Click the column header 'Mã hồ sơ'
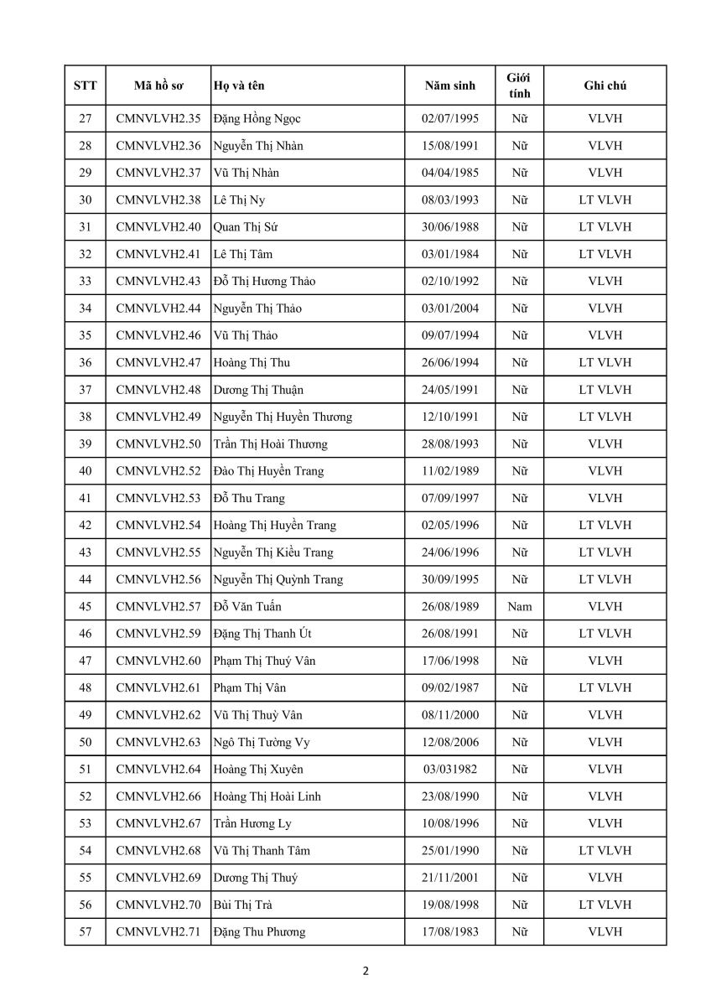pyautogui.click(x=158, y=86)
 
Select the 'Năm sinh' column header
pyautogui.click(x=449, y=86)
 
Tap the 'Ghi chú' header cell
pyautogui.click(x=605, y=86)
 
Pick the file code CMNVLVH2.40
pyautogui.click(x=158, y=227)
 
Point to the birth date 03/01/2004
pyautogui.click(x=450, y=309)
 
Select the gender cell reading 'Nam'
pyautogui.click(x=520, y=606)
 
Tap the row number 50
pyautogui.click(x=85, y=742)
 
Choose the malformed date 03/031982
pyautogui.click(x=450, y=770)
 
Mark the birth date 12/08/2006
pyautogui.click(x=450, y=742)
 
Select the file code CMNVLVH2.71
pyautogui.click(x=158, y=931)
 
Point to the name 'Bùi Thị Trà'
pyautogui.click(x=242, y=905)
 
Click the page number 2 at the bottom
pyautogui.click(x=366, y=972)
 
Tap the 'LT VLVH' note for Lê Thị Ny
pyautogui.click(x=605, y=200)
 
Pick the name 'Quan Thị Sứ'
pyautogui.click(x=243, y=227)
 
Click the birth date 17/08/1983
pyautogui.click(x=450, y=931)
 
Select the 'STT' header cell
pyautogui.click(x=85, y=86)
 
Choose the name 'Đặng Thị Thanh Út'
pyautogui.click(x=262, y=634)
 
